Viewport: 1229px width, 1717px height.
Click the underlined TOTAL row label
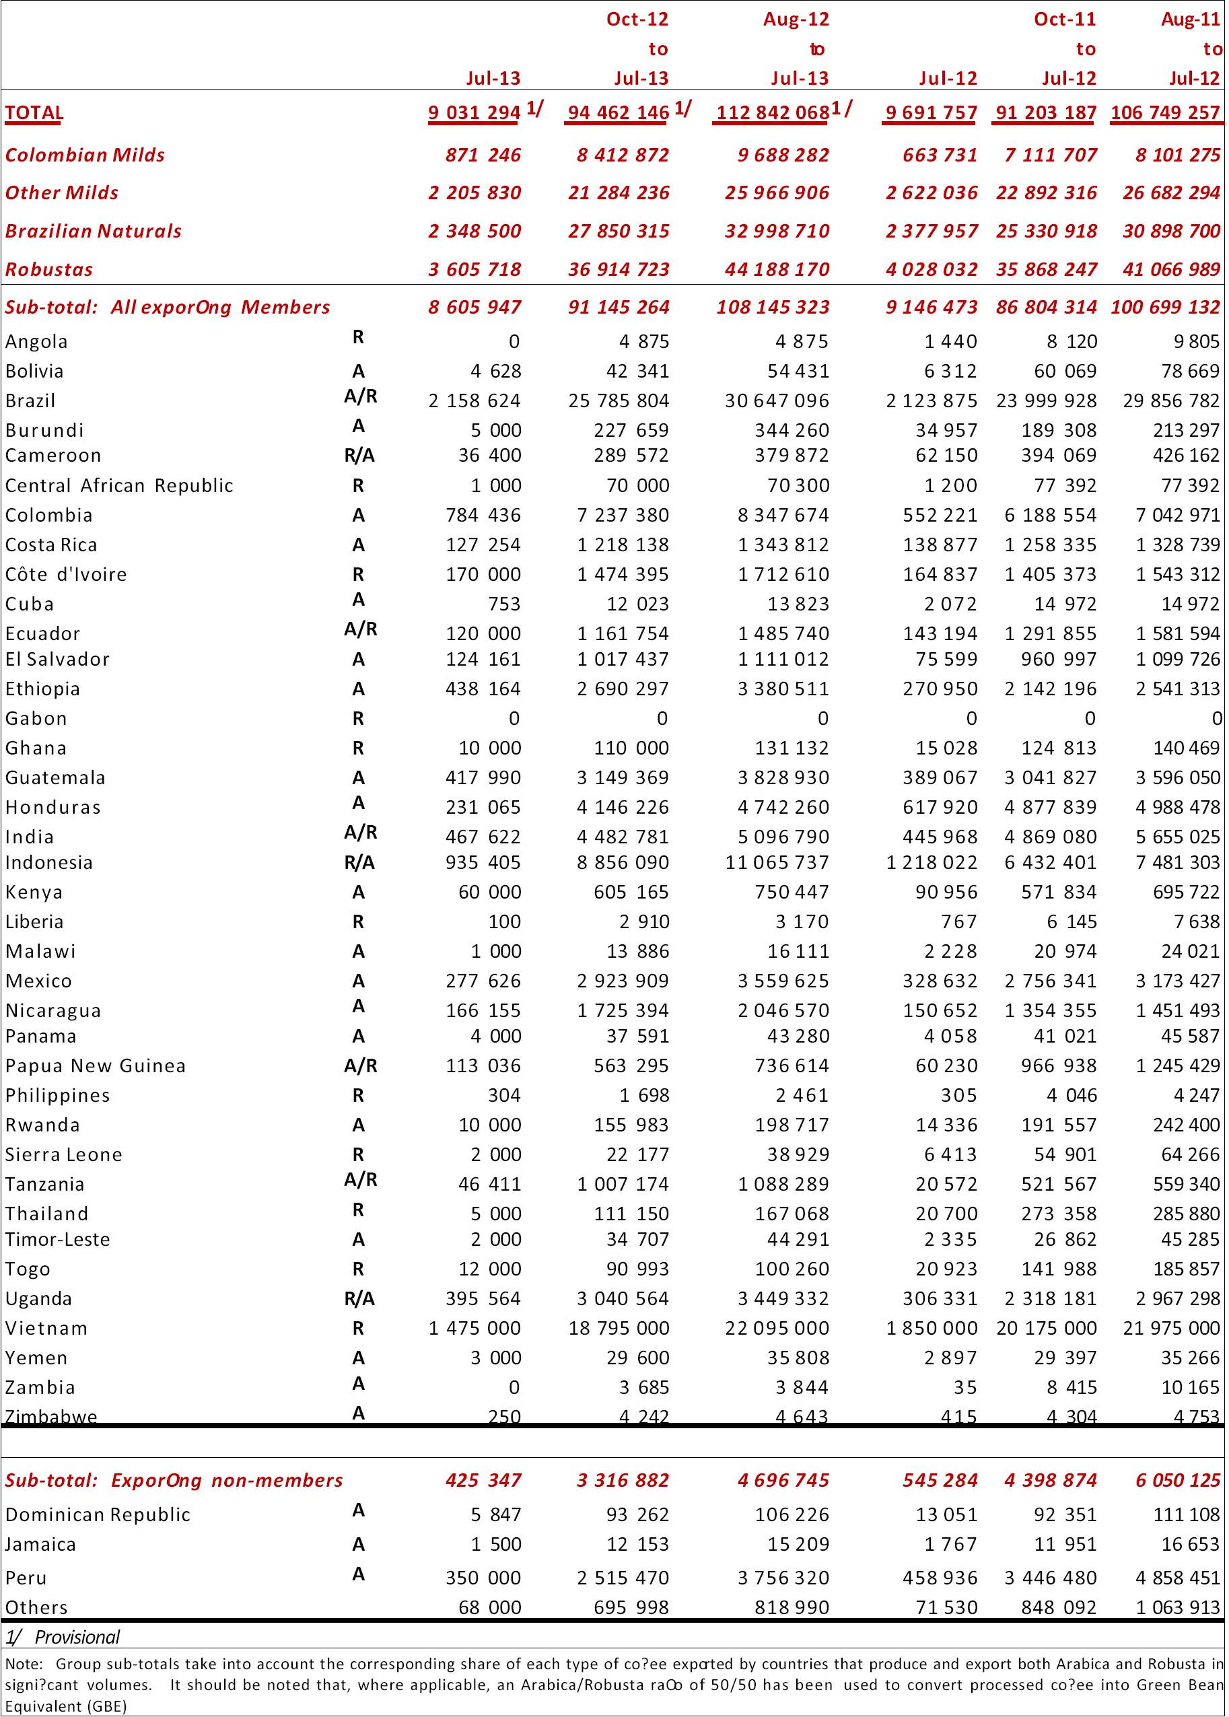(34, 114)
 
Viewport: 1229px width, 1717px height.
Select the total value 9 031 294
(475, 114)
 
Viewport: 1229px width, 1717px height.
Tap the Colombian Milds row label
(85, 155)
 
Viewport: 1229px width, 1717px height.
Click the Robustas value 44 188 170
(777, 269)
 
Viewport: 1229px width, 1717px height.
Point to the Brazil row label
(30, 401)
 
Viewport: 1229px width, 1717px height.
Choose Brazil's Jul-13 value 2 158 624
(475, 401)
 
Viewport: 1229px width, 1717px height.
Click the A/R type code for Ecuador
(360, 629)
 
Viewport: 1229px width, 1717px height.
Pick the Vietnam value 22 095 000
(777, 1328)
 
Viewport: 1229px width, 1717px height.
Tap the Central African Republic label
(119, 486)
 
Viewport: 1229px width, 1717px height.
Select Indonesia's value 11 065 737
(777, 863)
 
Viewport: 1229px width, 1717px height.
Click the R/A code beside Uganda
(359, 1299)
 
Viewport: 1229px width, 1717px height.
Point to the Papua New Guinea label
(96, 1066)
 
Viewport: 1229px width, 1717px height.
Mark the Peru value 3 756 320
(777, 1578)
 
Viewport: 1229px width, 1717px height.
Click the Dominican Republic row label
(98, 1515)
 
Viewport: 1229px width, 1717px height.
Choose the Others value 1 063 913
(1179, 1608)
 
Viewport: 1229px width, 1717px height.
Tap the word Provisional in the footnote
(77, 1638)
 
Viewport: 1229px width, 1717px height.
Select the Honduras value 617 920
(936, 808)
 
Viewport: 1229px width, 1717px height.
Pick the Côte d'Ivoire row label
(66, 575)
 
